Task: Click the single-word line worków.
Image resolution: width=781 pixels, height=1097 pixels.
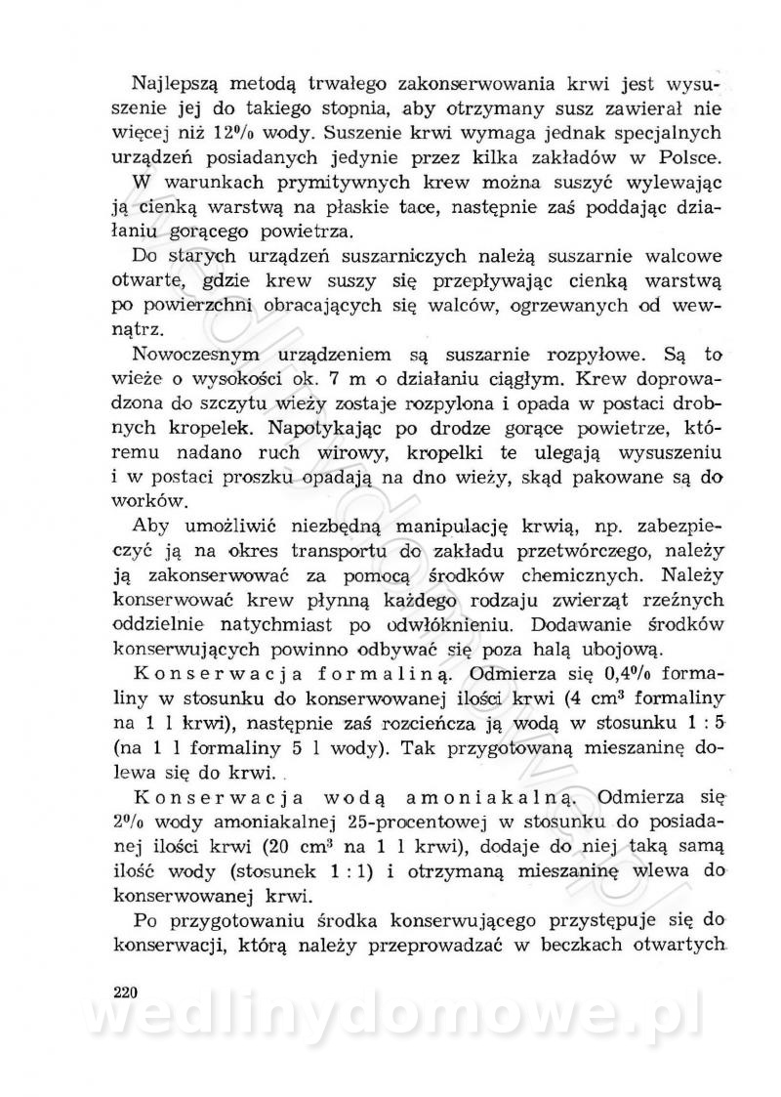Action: click(150, 504)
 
